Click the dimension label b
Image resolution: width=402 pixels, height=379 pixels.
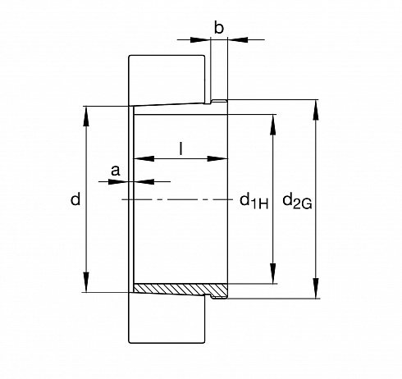(x=219, y=28)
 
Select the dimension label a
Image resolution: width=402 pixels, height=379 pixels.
(x=116, y=171)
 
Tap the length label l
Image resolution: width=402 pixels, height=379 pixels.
(x=180, y=148)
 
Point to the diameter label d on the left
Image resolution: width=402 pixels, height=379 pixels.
(x=75, y=199)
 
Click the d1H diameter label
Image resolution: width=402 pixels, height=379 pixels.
(x=254, y=201)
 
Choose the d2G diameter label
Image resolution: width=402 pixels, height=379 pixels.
(x=297, y=201)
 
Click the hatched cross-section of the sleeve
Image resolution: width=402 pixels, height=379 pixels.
(x=181, y=289)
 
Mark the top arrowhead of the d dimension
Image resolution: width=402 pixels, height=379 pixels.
(x=86, y=116)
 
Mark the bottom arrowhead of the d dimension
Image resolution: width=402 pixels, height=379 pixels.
(x=86, y=282)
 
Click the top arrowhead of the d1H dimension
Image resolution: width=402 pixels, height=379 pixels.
(x=272, y=125)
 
